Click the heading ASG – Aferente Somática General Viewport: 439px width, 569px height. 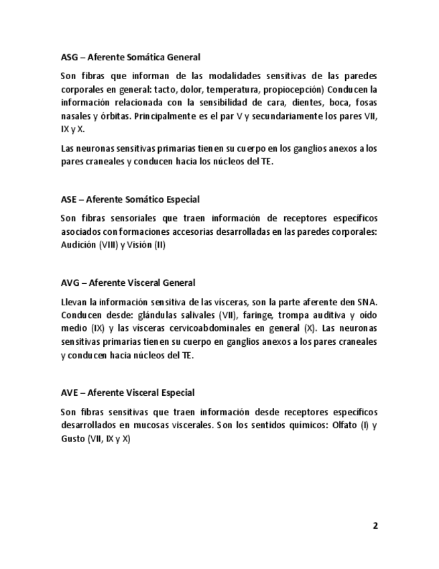(x=130, y=58)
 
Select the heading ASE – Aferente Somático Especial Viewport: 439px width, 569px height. (x=130, y=199)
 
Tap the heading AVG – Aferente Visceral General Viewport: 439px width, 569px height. (x=128, y=283)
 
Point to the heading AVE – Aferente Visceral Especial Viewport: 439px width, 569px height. (x=127, y=393)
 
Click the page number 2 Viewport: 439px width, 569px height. (x=375, y=526)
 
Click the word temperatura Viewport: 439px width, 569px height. (x=232, y=89)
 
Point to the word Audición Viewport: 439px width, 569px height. (x=78, y=245)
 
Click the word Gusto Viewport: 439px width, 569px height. (x=72, y=439)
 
